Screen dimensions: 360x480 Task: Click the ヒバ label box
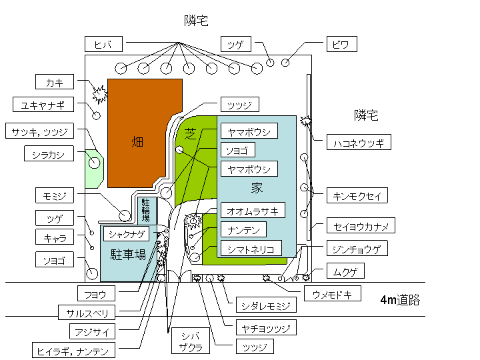[x=104, y=45]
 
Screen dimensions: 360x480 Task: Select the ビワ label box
[x=341, y=45]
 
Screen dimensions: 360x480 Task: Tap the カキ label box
[x=55, y=82]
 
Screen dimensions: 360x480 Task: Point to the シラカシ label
[x=47, y=155]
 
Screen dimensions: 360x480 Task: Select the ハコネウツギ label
[x=359, y=142]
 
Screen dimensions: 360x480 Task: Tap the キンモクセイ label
[x=357, y=195]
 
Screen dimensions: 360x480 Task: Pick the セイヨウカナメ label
[x=360, y=226]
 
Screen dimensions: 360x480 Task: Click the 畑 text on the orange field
[x=137, y=141]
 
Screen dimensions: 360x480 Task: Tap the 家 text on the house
[x=257, y=187]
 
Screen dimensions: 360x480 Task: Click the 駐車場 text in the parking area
[x=128, y=254]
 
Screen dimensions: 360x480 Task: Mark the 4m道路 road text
[x=400, y=300]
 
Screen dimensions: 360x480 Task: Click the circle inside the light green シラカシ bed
[x=94, y=162]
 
